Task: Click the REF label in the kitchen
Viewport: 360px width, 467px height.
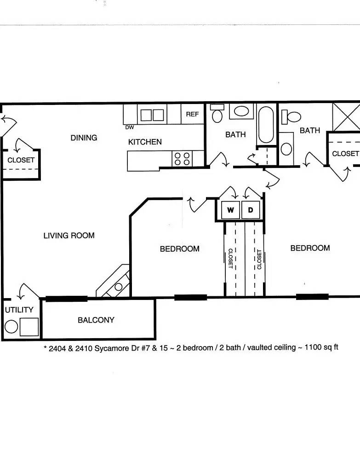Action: click(x=192, y=114)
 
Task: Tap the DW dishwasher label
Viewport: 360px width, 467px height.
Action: click(x=129, y=127)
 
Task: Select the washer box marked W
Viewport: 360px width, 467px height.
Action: click(x=231, y=210)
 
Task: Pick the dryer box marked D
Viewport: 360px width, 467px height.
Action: click(x=251, y=210)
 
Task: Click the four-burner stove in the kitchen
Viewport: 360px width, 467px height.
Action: click(x=182, y=159)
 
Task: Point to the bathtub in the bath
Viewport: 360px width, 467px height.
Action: click(x=266, y=125)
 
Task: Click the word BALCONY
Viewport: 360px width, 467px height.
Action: click(x=96, y=320)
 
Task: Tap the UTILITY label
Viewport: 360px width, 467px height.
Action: click(x=19, y=310)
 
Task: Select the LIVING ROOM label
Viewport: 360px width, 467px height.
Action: click(x=69, y=236)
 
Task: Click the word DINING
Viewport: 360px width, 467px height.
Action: click(x=84, y=138)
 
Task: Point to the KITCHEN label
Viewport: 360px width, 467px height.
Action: click(x=145, y=142)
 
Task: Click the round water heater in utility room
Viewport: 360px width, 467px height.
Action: click(x=11, y=327)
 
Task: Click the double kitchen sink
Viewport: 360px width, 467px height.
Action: click(x=152, y=115)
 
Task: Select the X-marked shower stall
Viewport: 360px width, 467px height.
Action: click(x=346, y=117)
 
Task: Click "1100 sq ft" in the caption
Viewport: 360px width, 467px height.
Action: click(x=321, y=347)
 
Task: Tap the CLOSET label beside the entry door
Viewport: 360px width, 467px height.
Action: click(x=21, y=160)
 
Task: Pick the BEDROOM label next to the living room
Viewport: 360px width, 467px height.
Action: click(x=180, y=249)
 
